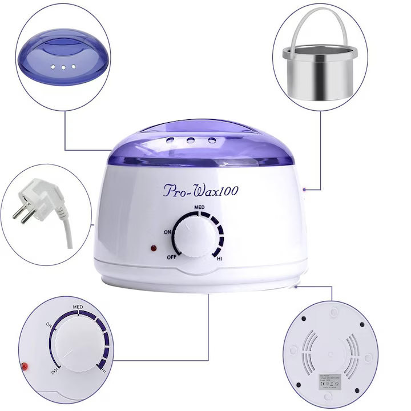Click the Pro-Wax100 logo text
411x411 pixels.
coord(200,190)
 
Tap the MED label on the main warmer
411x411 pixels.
coord(199,207)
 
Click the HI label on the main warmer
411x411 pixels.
coord(219,259)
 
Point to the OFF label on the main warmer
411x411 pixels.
coord(171,257)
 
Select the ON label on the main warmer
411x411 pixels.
coord(168,232)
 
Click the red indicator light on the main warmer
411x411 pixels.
coord(153,248)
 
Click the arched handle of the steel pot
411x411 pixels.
coord(320,23)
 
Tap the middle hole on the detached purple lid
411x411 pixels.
coord(61,67)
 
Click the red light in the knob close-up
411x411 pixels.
coord(25,365)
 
